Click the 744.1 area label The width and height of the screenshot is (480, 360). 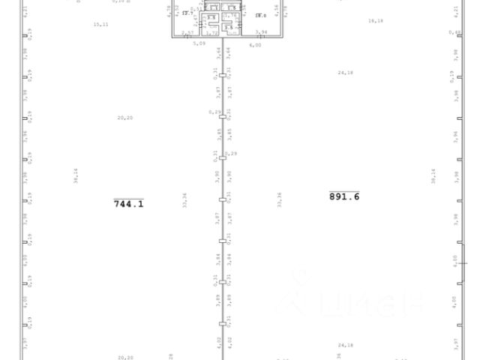coord(128,202)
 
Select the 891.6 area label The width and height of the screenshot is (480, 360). coord(344,196)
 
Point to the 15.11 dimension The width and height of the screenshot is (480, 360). coord(100,24)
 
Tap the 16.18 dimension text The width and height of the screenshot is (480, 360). coord(376,22)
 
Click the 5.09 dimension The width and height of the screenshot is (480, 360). coord(199,44)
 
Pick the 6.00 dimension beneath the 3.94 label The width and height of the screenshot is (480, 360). coord(256,44)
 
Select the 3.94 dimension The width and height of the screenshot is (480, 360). coord(261,32)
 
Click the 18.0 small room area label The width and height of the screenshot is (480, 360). coord(260,14)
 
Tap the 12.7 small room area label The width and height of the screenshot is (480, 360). coord(187,13)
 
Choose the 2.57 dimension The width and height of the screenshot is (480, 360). coord(187,32)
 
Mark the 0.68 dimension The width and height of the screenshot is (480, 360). coord(454,32)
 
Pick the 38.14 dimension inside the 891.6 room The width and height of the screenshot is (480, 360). coord(433,176)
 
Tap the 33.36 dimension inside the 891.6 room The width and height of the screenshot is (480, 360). coord(280,200)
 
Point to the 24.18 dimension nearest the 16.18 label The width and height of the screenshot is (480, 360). coord(345,73)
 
